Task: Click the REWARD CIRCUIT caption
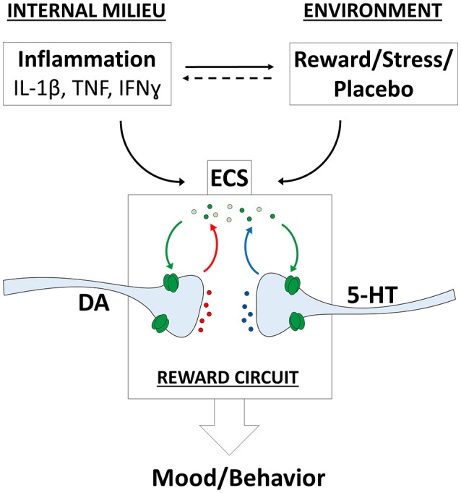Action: click(x=231, y=376)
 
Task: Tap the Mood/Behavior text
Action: click(x=231, y=476)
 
